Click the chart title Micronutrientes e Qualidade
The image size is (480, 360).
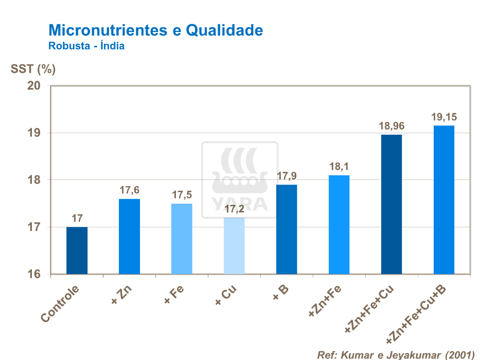click(155, 30)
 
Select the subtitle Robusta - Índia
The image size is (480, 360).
click(86, 46)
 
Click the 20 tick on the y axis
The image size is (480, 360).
click(34, 85)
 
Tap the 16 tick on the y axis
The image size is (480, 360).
click(34, 274)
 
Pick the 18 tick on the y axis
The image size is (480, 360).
click(34, 180)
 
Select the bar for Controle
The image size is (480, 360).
click(77, 250)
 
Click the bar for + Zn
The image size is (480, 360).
click(129, 237)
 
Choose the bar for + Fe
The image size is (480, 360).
click(182, 239)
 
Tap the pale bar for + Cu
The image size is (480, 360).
click(234, 246)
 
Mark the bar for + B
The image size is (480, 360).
click(287, 229)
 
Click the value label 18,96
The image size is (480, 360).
click(392, 125)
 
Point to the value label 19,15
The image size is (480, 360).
click(444, 117)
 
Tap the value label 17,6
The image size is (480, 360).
click(129, 190)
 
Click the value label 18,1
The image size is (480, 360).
click(339, 167)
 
